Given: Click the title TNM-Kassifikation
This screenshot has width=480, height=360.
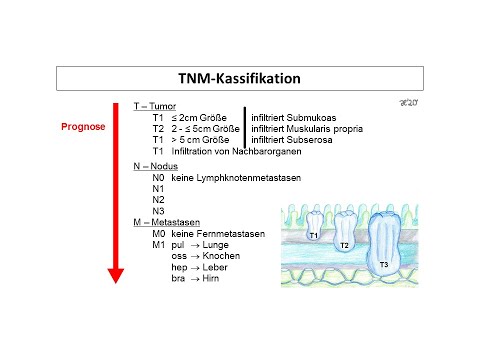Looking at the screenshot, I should [x=240, y=77].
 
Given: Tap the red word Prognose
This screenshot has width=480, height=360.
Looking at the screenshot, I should [x=84, y=126].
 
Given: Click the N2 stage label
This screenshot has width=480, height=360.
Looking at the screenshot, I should [x=145, y=200].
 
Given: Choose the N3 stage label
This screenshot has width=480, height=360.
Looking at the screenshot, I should [x=145, y=211].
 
